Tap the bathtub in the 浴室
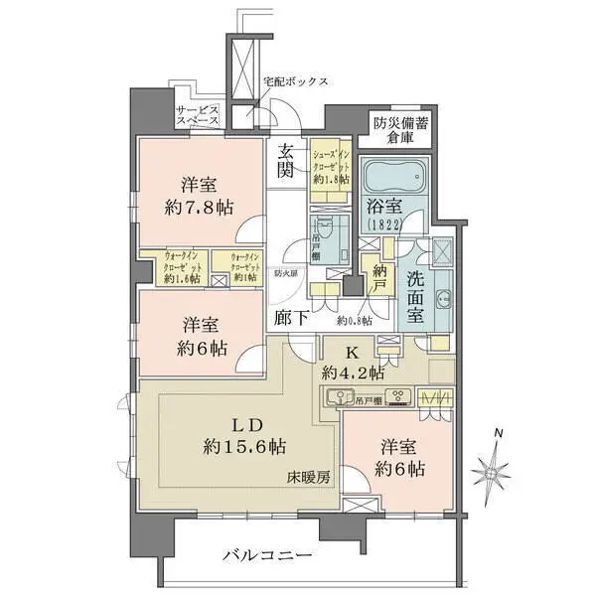tap(392, 181)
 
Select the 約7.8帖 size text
tap(200, 210)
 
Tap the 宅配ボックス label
tap(295, 80)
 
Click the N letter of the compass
tap(500, 433)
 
